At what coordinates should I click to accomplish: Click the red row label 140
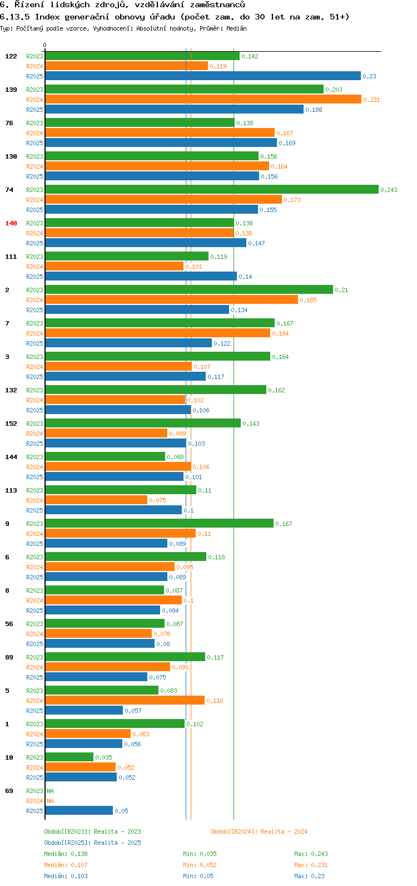click(11, 223)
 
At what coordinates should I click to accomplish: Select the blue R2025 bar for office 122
click(203, 76)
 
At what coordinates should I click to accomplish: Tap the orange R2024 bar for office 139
click(203, 100)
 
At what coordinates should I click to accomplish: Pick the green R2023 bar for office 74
click(211, 190)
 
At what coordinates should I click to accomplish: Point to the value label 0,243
click(389, 190)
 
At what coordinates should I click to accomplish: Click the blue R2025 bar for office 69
click(79, 811)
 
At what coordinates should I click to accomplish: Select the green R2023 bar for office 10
click(69, 757)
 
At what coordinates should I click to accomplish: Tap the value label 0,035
click(103, 757)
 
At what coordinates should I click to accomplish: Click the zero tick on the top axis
click(45, 46)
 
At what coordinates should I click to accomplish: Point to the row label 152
click(11, 424)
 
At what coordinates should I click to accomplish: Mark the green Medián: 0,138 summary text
click(66, 854)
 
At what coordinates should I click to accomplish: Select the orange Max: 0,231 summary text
click(311, 865)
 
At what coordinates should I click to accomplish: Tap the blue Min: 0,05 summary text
click(198, 876)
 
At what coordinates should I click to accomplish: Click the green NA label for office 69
click(50, 791)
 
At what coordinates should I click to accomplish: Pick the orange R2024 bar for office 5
click(125, 701)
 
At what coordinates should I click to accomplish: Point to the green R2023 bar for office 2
click(189, 290)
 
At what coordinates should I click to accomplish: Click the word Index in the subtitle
click(47, 17)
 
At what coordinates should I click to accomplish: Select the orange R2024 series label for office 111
click(34, 267)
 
